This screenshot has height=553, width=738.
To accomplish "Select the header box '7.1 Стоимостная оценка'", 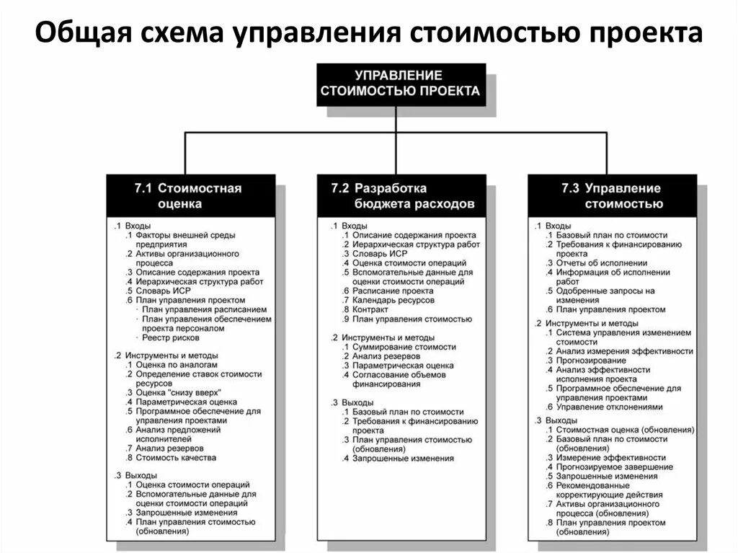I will click(188, 195).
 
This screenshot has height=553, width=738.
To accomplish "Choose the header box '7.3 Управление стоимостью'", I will click(612, 195).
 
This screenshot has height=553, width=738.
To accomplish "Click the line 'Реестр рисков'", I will click(172, 337).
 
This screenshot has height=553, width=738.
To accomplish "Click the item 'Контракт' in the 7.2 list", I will click(371, 309).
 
